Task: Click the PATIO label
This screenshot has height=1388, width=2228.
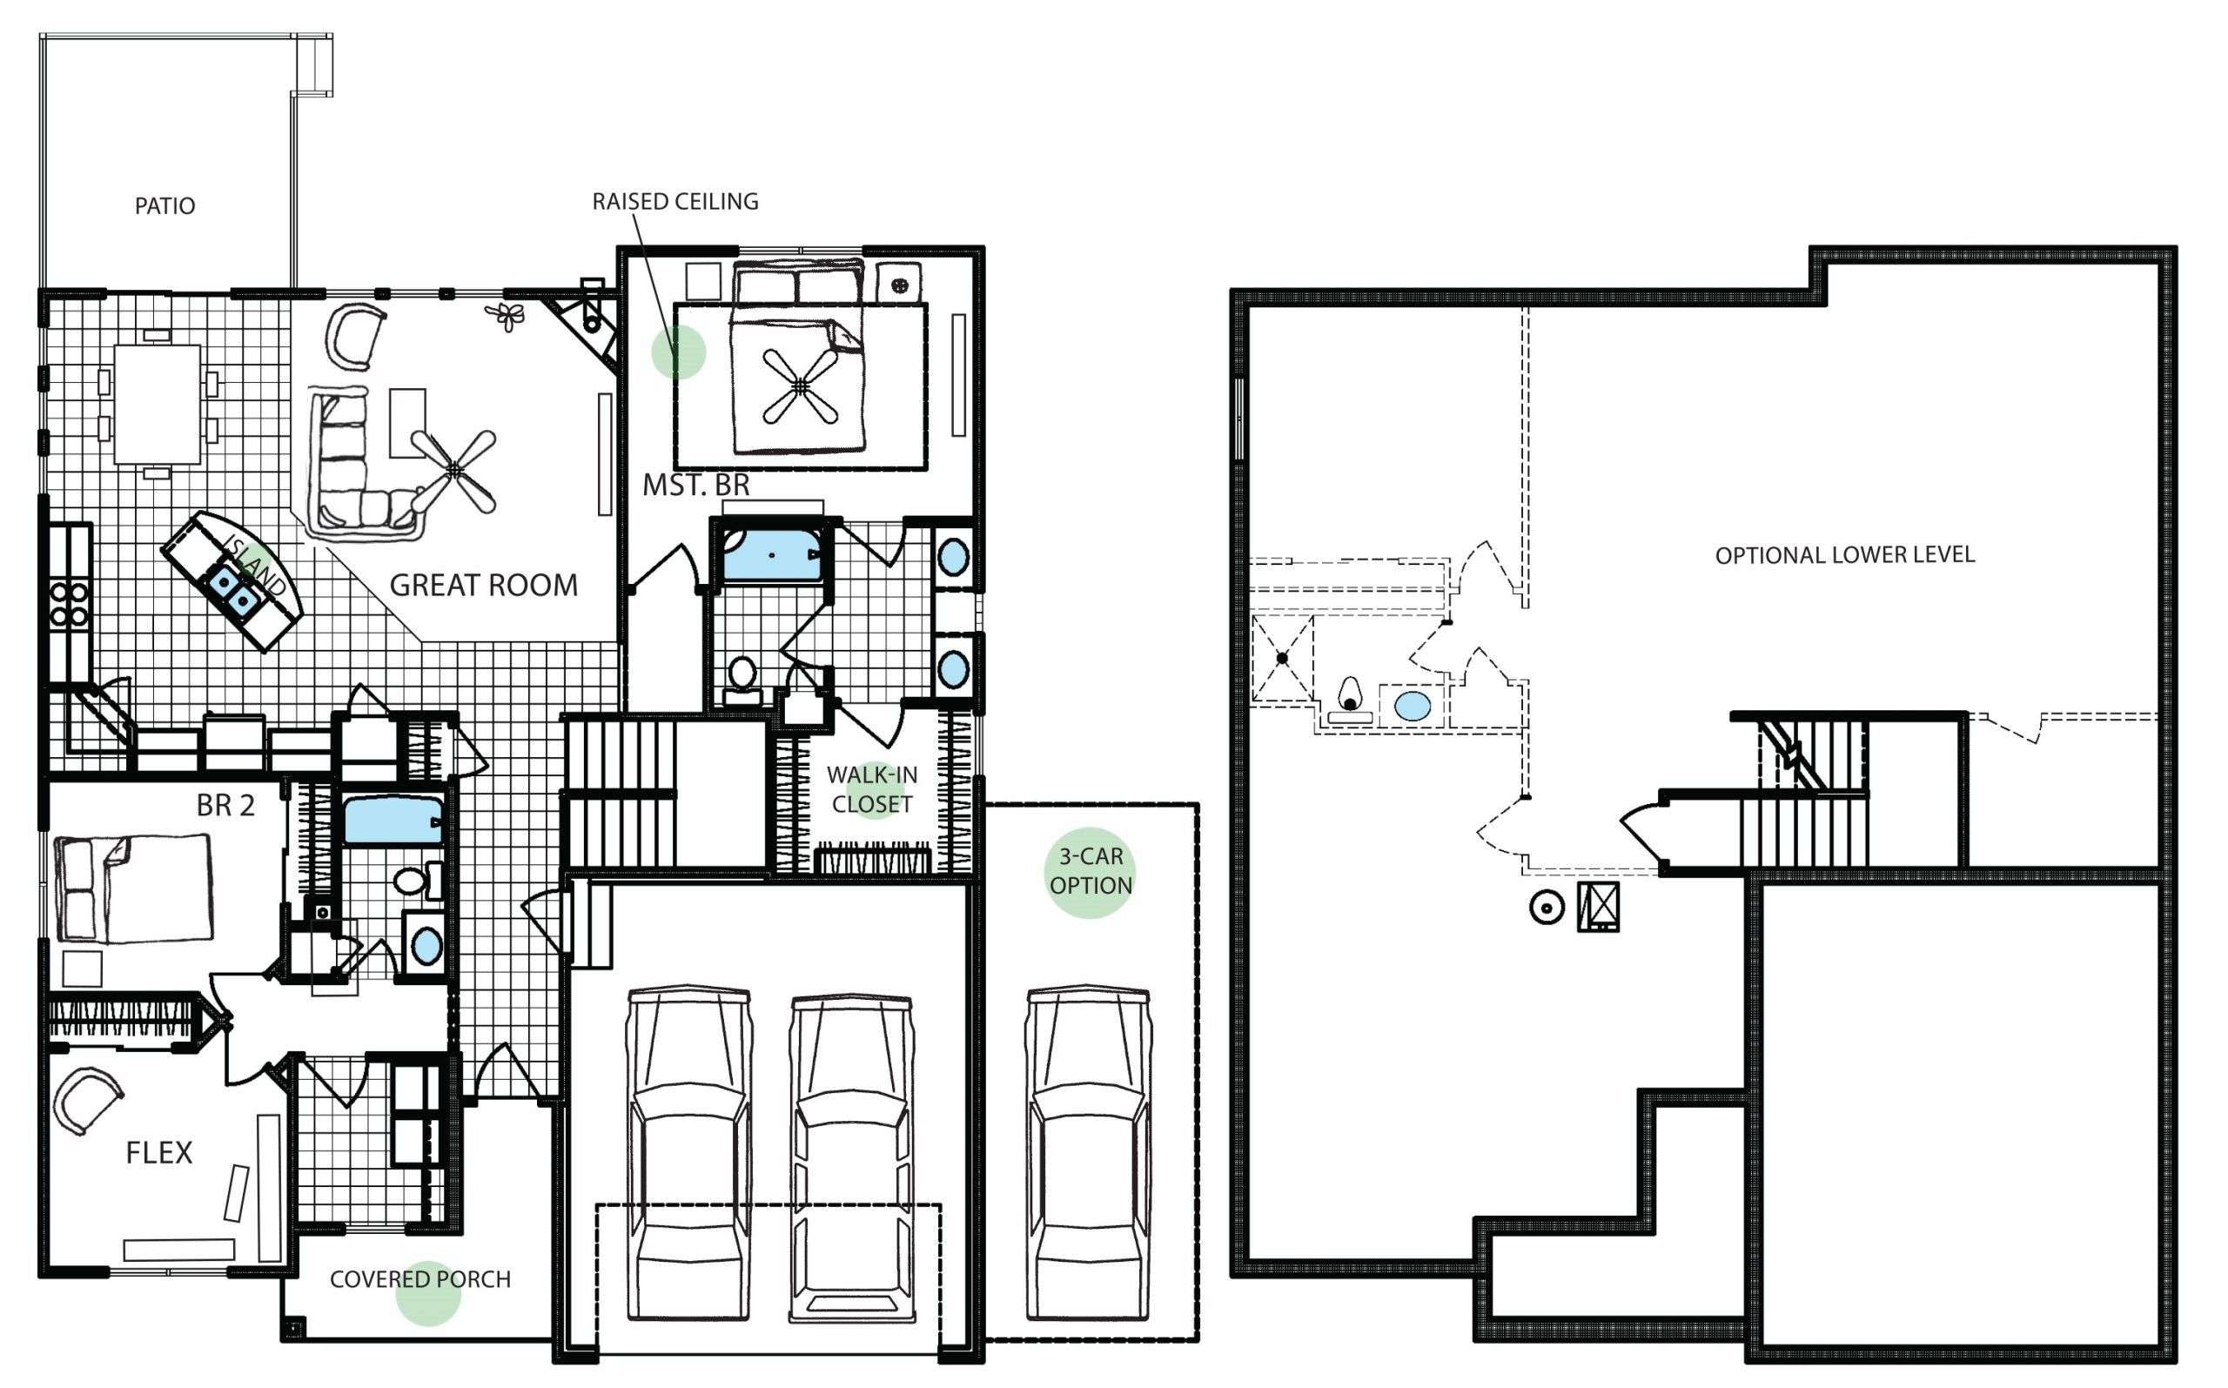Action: [x=165, y=205]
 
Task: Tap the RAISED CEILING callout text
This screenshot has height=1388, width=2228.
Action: [x=675, y=201]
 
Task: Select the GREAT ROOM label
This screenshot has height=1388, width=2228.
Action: [x=484, y=585]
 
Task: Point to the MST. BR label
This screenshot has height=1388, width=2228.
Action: [x=696, y=485]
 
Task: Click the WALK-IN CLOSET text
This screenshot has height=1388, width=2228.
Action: [x=872, y=789]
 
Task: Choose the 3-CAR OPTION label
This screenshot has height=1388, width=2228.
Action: [x=1091, y=870]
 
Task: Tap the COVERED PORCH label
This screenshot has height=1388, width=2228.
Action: [x=420, y=1278]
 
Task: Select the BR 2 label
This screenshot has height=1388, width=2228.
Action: [x=225, y=805]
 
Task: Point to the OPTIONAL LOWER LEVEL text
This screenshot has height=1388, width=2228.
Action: [x=1845, y=554]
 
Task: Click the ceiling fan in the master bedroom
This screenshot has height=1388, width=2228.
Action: [x=801, y=386]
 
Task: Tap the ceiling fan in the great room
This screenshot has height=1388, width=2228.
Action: [x=454, y=471]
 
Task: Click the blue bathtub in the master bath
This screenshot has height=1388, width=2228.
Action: [x=772, y=554]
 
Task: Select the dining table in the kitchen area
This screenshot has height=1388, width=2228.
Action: [x=157, y=404]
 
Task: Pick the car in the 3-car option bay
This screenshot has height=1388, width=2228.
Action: [x=1088, y=1154]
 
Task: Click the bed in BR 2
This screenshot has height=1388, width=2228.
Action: [x=134, y=888]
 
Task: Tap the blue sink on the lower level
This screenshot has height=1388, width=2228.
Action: [x=1412, y=706]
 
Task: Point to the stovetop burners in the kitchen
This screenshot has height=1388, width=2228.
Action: [x=70, y=604]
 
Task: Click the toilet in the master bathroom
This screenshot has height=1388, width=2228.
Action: [x=742, y=681]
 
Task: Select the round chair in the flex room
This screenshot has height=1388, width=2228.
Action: [x=86, y=1100]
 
